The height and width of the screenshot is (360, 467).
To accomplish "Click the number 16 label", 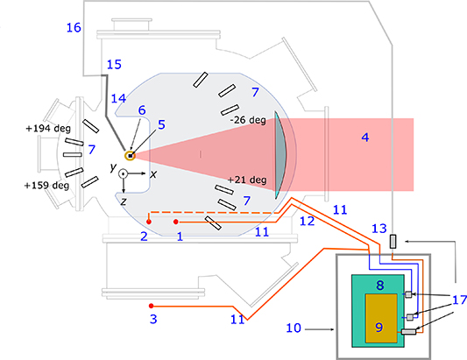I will pos(74,28).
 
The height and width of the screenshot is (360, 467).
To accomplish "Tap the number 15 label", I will pos(114,64).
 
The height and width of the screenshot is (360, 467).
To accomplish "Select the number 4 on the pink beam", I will pos(365,137).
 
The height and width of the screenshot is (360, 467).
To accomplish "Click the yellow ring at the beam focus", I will pos(130,156).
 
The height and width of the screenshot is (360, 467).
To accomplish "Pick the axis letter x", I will pos(154,174).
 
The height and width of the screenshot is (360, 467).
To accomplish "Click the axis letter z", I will pos(124,201).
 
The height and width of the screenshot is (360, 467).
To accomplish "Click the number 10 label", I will pos(297,329).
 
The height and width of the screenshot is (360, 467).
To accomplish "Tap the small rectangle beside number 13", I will pos(394,240).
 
